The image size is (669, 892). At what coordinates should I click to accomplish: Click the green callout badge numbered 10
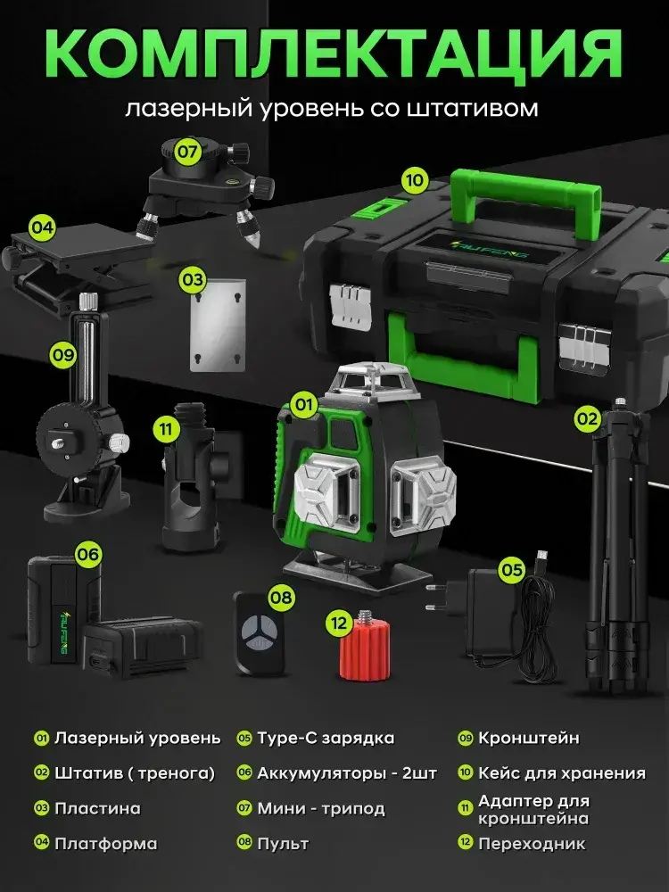tap(415, 180)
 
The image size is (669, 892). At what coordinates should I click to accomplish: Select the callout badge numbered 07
tap(187, 152)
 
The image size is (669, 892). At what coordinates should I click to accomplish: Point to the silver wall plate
tap(218, 325)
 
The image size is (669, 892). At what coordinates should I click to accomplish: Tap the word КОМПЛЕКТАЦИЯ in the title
tap(334, 53)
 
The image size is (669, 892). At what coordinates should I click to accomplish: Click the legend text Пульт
tap(283, 843)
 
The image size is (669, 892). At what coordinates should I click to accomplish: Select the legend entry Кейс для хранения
tap(561, 772)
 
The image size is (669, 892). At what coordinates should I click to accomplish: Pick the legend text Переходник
tap(532, 843)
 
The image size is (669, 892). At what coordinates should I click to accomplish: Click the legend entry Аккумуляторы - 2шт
tap(347, 773)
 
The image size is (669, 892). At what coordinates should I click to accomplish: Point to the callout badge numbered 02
tap(587, 420)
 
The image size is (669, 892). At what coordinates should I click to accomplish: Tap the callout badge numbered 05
tap(511, 569)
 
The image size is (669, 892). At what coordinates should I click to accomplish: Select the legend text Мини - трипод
tap(321, 808)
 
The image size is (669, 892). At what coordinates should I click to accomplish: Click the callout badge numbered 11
tap(166, 428)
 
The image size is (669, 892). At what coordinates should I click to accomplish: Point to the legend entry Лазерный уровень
tap(137, 739)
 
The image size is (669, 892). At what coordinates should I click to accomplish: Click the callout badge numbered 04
tap(42, 227)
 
